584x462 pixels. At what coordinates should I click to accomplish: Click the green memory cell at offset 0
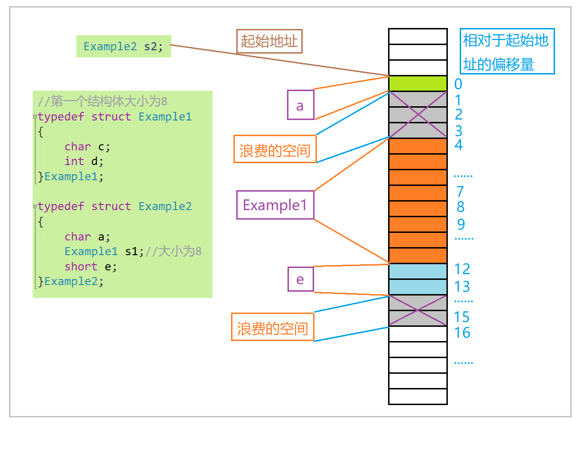coord(417,83)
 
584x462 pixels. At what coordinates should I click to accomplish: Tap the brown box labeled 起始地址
coord(269,41)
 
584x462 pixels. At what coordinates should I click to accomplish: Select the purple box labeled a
coord(301,105)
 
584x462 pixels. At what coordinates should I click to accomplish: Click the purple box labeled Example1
coord(275,205)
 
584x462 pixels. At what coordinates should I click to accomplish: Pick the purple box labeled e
coord(301,279)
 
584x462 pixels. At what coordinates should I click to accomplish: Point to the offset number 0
coord(458,84)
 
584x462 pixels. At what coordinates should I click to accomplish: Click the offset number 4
coord(459,145)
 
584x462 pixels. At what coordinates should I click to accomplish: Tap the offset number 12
coord(462,269)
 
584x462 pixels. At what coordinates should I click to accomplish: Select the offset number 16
coord(462,333)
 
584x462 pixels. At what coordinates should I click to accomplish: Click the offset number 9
coord(461,224)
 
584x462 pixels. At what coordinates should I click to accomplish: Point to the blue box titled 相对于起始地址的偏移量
coord(507,51)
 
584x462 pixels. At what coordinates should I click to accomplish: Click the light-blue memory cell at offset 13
coord(417,287)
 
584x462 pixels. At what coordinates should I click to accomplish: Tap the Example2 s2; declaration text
coord(123,46)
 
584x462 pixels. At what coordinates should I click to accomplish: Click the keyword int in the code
coord(74,161)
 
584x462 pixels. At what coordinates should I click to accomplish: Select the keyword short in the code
coord(81,267)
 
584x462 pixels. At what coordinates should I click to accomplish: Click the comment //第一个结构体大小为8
coord(102,101)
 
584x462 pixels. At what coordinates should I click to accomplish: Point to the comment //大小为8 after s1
coord(174,251)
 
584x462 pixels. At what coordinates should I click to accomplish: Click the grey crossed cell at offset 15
coord(417,318)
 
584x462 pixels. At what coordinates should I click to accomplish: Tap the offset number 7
coord(460,192)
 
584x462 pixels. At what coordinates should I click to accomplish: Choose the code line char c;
coord(87,147)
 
